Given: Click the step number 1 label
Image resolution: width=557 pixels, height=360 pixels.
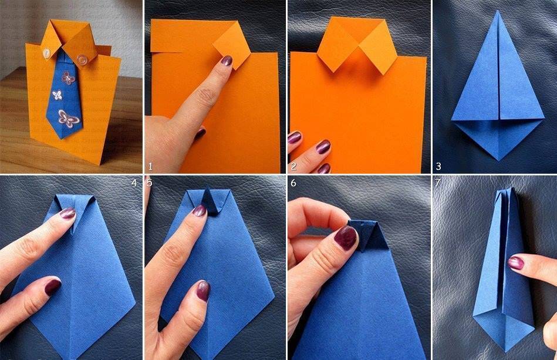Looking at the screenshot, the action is [151, 166].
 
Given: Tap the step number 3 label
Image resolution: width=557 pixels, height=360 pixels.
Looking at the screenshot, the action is [438, 166].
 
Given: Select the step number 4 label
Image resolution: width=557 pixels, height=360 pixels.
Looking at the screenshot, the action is [134, 183].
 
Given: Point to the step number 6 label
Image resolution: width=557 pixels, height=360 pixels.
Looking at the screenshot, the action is [293, 183].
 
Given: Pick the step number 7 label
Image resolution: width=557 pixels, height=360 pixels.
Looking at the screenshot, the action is [438, 183].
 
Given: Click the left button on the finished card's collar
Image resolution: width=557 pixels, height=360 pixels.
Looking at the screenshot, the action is [46, 53].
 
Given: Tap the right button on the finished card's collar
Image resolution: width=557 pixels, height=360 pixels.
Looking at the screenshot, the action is [83, 58].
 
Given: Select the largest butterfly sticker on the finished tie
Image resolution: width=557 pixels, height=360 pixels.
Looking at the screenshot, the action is [68, 119].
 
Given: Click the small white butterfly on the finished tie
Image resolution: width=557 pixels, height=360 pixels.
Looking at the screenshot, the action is [57, 95].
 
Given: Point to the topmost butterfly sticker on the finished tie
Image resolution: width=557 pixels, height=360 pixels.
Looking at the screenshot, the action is [67, 78].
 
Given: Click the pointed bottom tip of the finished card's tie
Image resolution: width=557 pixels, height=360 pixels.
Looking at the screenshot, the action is [62, 139].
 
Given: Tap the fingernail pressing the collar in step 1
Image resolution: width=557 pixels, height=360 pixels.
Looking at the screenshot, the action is [227, 60].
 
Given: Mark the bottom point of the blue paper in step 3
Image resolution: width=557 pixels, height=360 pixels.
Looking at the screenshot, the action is [499, 160].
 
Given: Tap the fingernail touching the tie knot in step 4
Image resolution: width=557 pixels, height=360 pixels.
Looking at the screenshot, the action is [67, 213].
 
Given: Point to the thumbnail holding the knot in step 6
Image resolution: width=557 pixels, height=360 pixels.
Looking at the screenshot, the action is [345, 237].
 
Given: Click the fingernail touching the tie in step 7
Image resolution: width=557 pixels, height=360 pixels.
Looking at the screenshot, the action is [516, 263].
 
